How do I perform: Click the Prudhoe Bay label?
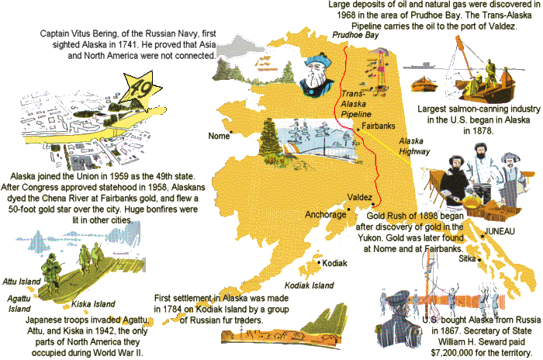355,36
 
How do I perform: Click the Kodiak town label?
336,263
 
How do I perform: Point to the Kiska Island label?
93,303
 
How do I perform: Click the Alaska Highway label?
416,147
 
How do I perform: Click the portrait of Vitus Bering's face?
315,71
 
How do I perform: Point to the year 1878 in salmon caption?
468,132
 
